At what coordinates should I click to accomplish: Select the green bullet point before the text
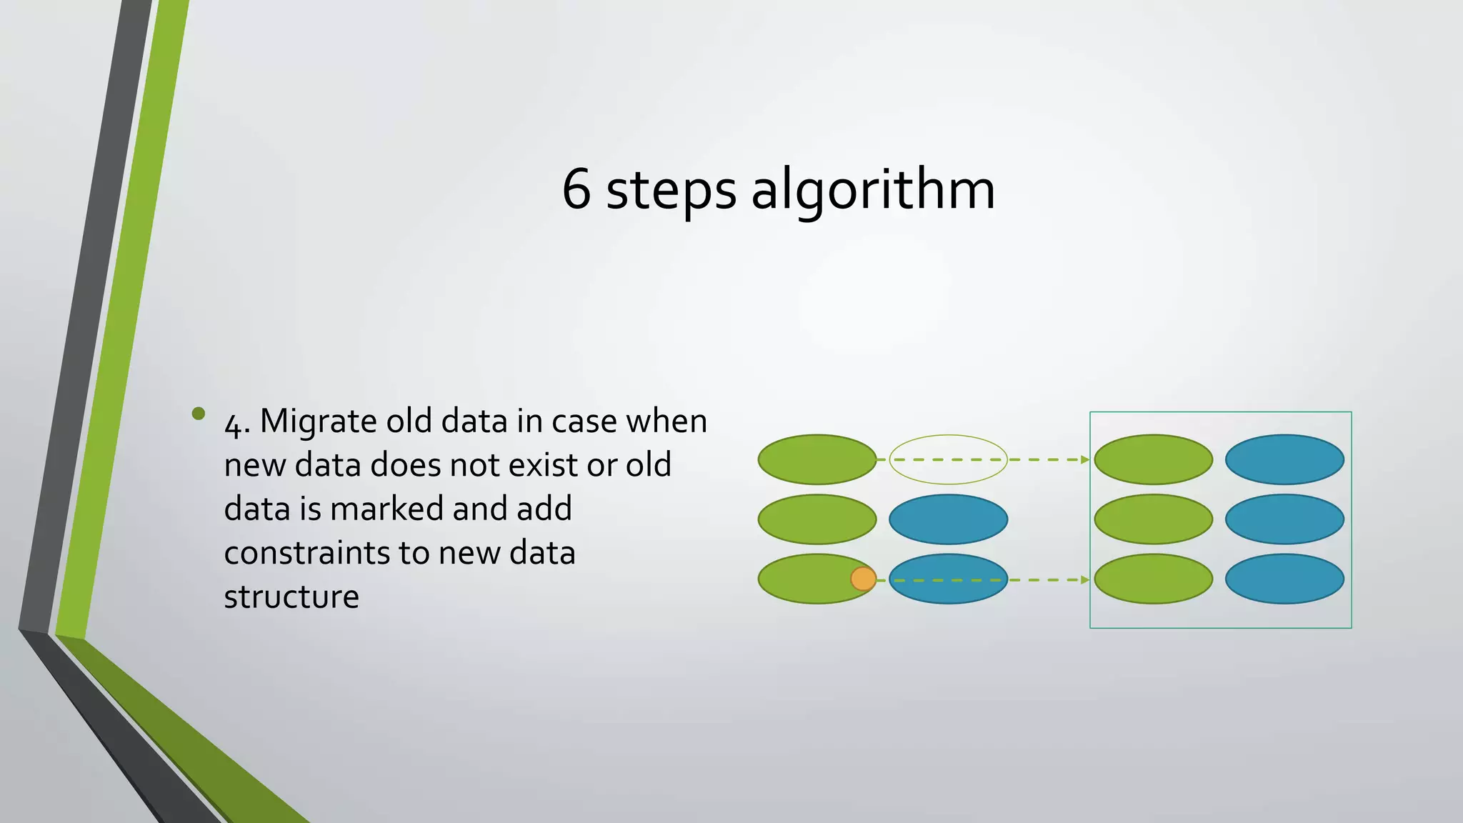pos(199,414)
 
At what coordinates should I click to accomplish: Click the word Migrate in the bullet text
pos(319,422)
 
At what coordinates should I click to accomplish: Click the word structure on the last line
pos(291,597)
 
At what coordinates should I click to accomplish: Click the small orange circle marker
pos(863,579)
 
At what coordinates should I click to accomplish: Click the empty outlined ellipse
pos(948,459)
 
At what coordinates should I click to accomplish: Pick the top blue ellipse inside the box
pos(1284,459)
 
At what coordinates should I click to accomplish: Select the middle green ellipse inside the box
pos(1153,519)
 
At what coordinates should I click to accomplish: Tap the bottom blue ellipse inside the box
pos(1284,579)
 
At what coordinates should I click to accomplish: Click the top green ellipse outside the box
pos(817,459)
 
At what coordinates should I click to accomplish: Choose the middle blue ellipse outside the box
pos(948,519)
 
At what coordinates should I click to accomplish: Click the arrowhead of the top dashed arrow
pos(1085,459)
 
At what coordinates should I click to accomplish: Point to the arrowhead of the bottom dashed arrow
pos(1085,579)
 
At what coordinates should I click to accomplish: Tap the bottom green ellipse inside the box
pos(1153,579)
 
